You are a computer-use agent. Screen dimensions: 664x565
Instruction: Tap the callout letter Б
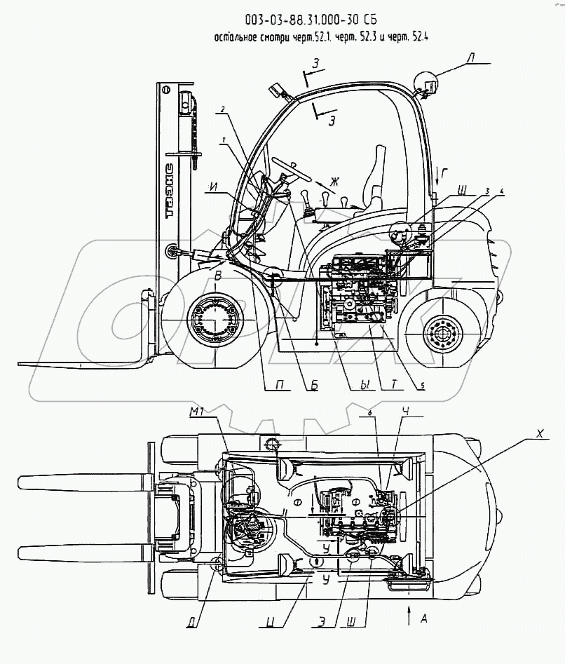[x=314, y=385]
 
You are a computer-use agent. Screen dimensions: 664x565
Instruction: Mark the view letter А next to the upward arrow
[x=423, y=619]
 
